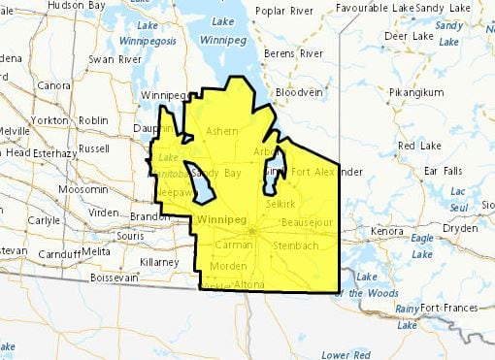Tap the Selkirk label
coord(281,205)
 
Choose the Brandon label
coord(149,215)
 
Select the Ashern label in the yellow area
coord(222,130)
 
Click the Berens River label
coord(298,52)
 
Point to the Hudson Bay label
coord(75,5)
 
